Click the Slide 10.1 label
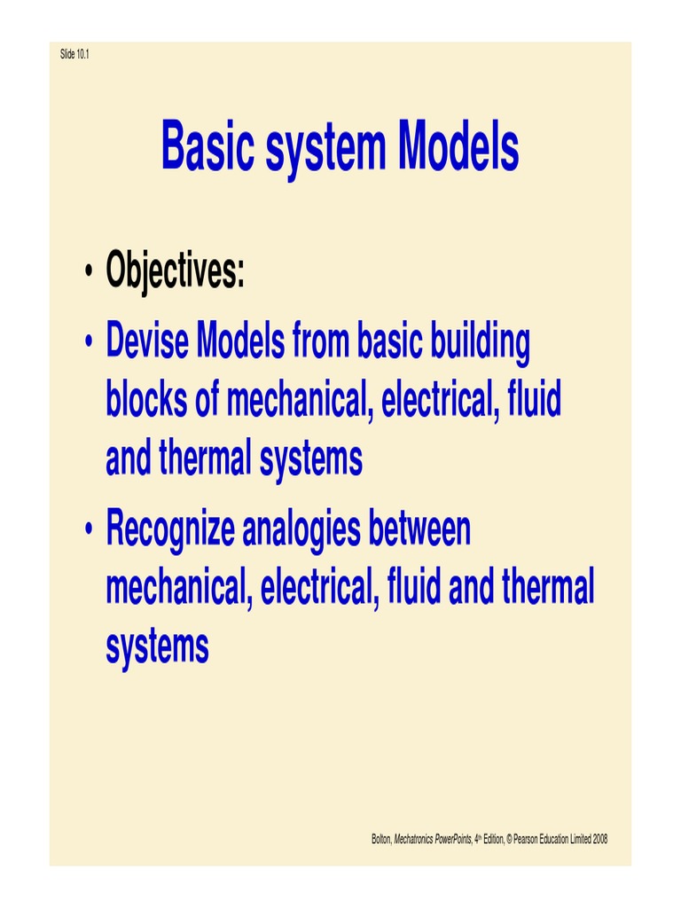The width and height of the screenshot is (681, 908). (x=74, y=55)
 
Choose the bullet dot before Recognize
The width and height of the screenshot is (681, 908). (x=89, y=531)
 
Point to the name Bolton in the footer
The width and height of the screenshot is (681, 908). (x=381, y=839)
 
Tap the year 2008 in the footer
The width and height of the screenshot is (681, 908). (x=599, y=839)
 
